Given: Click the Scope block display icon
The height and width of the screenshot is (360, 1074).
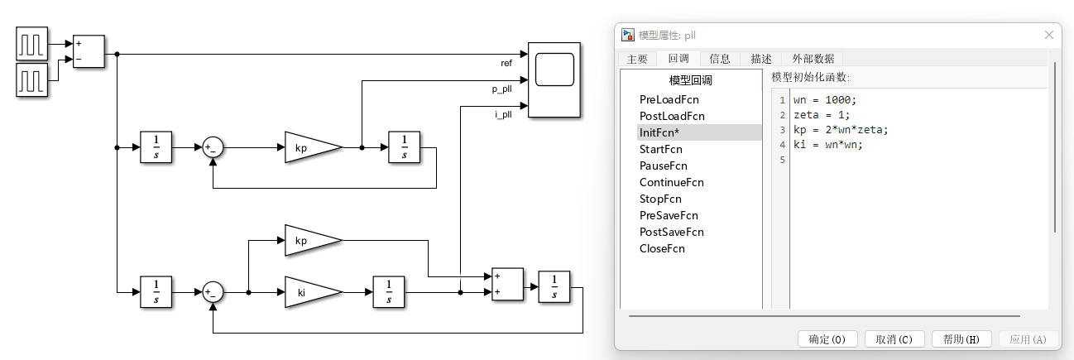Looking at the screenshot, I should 554,69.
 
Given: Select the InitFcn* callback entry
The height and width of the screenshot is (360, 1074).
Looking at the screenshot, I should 659,132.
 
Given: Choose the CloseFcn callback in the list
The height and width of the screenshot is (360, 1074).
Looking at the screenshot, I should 662,248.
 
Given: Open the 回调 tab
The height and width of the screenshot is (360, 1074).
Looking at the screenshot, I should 678,59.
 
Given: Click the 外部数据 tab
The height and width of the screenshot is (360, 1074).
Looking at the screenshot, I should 813,59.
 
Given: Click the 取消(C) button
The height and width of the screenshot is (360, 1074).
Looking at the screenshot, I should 894,339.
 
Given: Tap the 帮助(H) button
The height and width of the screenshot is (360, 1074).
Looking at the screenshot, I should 961,339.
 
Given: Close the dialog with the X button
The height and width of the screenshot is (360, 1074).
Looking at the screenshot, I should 1049,36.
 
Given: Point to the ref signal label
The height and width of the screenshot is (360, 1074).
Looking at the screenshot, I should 506,63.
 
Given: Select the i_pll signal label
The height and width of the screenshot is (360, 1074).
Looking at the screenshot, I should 503,114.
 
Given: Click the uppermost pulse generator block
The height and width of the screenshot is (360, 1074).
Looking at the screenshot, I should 32,43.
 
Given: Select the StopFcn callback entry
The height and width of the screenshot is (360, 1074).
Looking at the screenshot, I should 660,199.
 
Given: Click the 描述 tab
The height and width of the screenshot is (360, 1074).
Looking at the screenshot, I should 760,59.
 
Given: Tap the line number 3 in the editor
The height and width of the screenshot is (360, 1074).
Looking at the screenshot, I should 783,130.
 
